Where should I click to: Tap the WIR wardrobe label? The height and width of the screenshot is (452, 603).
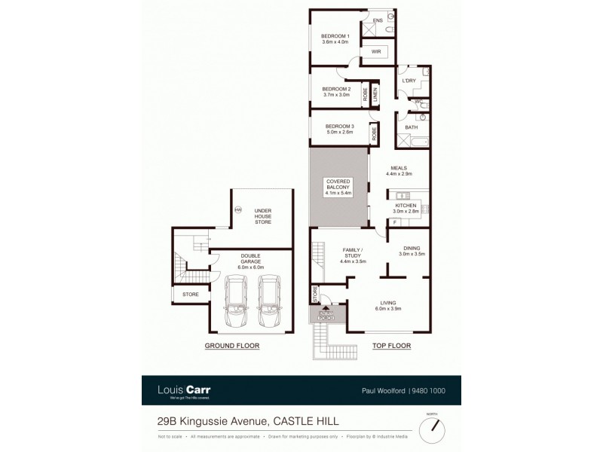pyautogui.click(x=375, y=52)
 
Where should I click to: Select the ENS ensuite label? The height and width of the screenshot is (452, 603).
pyautogui.click(x=378, y=19)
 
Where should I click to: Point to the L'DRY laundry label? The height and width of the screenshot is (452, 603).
pyautogui.click(x=409, y=81)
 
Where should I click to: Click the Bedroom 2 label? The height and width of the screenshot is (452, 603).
pyautogui.click(x=336, y=89)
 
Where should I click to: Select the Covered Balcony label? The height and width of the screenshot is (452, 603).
pyautogui.click(x=338, y=188)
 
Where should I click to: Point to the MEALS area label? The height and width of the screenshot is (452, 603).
pyautogui.click(x=399, y=168)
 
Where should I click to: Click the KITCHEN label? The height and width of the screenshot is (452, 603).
pyautogui.click(x=406, y=205)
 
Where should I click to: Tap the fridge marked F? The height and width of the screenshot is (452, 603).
pyautogui.click(x=394, y=223)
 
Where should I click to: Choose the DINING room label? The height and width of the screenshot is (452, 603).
pyautogui.click(x=412, y=249)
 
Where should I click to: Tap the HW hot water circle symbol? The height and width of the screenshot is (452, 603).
pyautogui.click(x=237, y=209)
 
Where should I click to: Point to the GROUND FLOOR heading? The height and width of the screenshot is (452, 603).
pyautogui.click(x=232, y=346)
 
